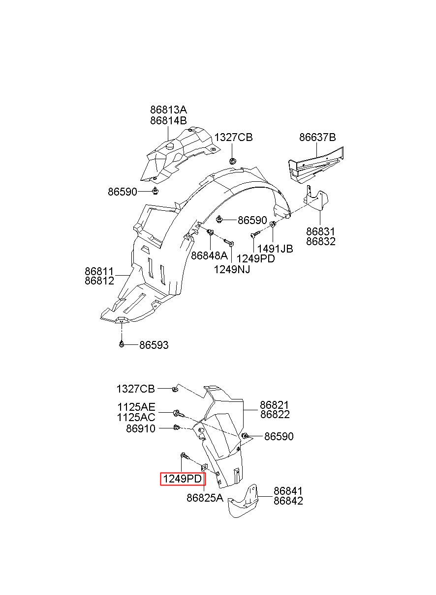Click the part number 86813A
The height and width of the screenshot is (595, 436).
(x=168, y=110)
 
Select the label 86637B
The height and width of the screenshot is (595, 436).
(x=317, y=137)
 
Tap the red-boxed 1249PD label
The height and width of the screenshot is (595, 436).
(x=182, y=479)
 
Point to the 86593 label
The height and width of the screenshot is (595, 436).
(x=154, y=345)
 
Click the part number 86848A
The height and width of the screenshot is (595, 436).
(x=209, y=255)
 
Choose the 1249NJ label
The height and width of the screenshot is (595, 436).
(x=232, y=270)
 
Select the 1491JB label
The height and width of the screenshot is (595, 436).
(x=275, y=249)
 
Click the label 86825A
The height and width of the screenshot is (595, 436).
(x=205, y=498)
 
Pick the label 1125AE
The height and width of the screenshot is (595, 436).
(x=136, y=407)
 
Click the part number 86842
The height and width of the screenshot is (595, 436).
(x=288, y=501)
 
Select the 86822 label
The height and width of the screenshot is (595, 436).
(x=275, y=414)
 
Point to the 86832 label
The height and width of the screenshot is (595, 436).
(x=320, y=241)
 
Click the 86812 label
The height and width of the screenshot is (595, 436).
(x=99, y=281)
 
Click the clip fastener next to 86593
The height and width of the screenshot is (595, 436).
(x=122, y=344)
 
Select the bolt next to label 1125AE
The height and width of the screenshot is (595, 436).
(x=179, y=413)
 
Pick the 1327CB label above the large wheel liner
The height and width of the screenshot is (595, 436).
(x=233, y=138)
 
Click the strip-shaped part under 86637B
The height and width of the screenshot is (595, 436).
(x=316, y=165)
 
